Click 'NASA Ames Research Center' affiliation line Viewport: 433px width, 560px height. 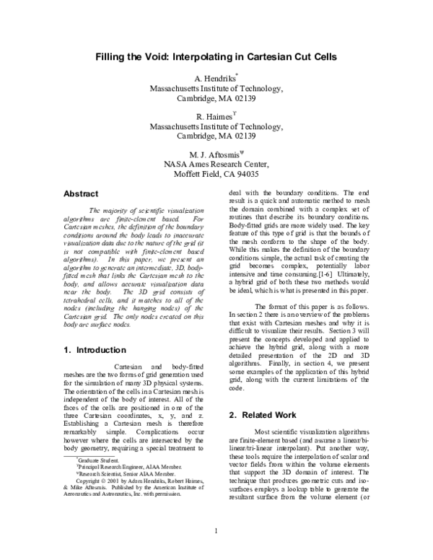pyautogui.click(x=216, y=165)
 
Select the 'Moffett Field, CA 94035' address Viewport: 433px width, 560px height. pyautogui.click(x=216, y=175)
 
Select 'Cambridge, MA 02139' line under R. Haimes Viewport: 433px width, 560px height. pyautogui.click(x=216, y=136)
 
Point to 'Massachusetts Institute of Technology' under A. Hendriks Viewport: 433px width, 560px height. pyautogui.click(x=216, y=88)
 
